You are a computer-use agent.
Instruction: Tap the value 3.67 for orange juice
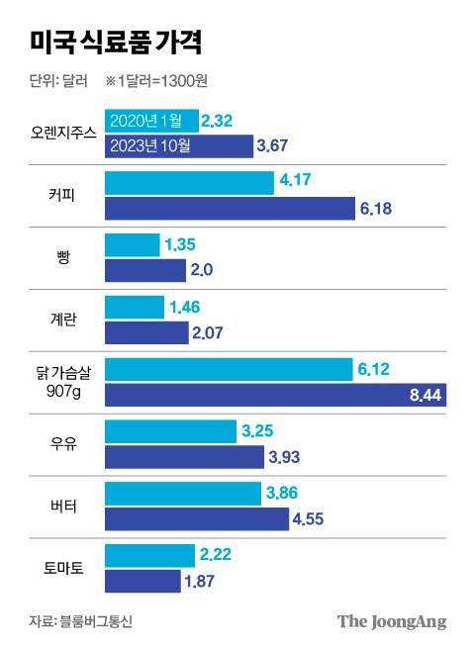[x=272, y=146]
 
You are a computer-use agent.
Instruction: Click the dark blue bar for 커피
[x=230, y=209]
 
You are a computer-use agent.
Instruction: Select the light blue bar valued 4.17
[x=189, y=183]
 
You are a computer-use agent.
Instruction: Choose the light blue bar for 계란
[x=135, y=308]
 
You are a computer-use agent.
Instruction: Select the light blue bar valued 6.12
[x=229, y=369]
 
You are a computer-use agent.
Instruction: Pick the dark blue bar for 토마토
[x=142, y=581]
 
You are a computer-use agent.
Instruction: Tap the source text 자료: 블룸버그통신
[x=81, y=621]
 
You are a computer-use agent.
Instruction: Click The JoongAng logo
[x=392, y=621]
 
